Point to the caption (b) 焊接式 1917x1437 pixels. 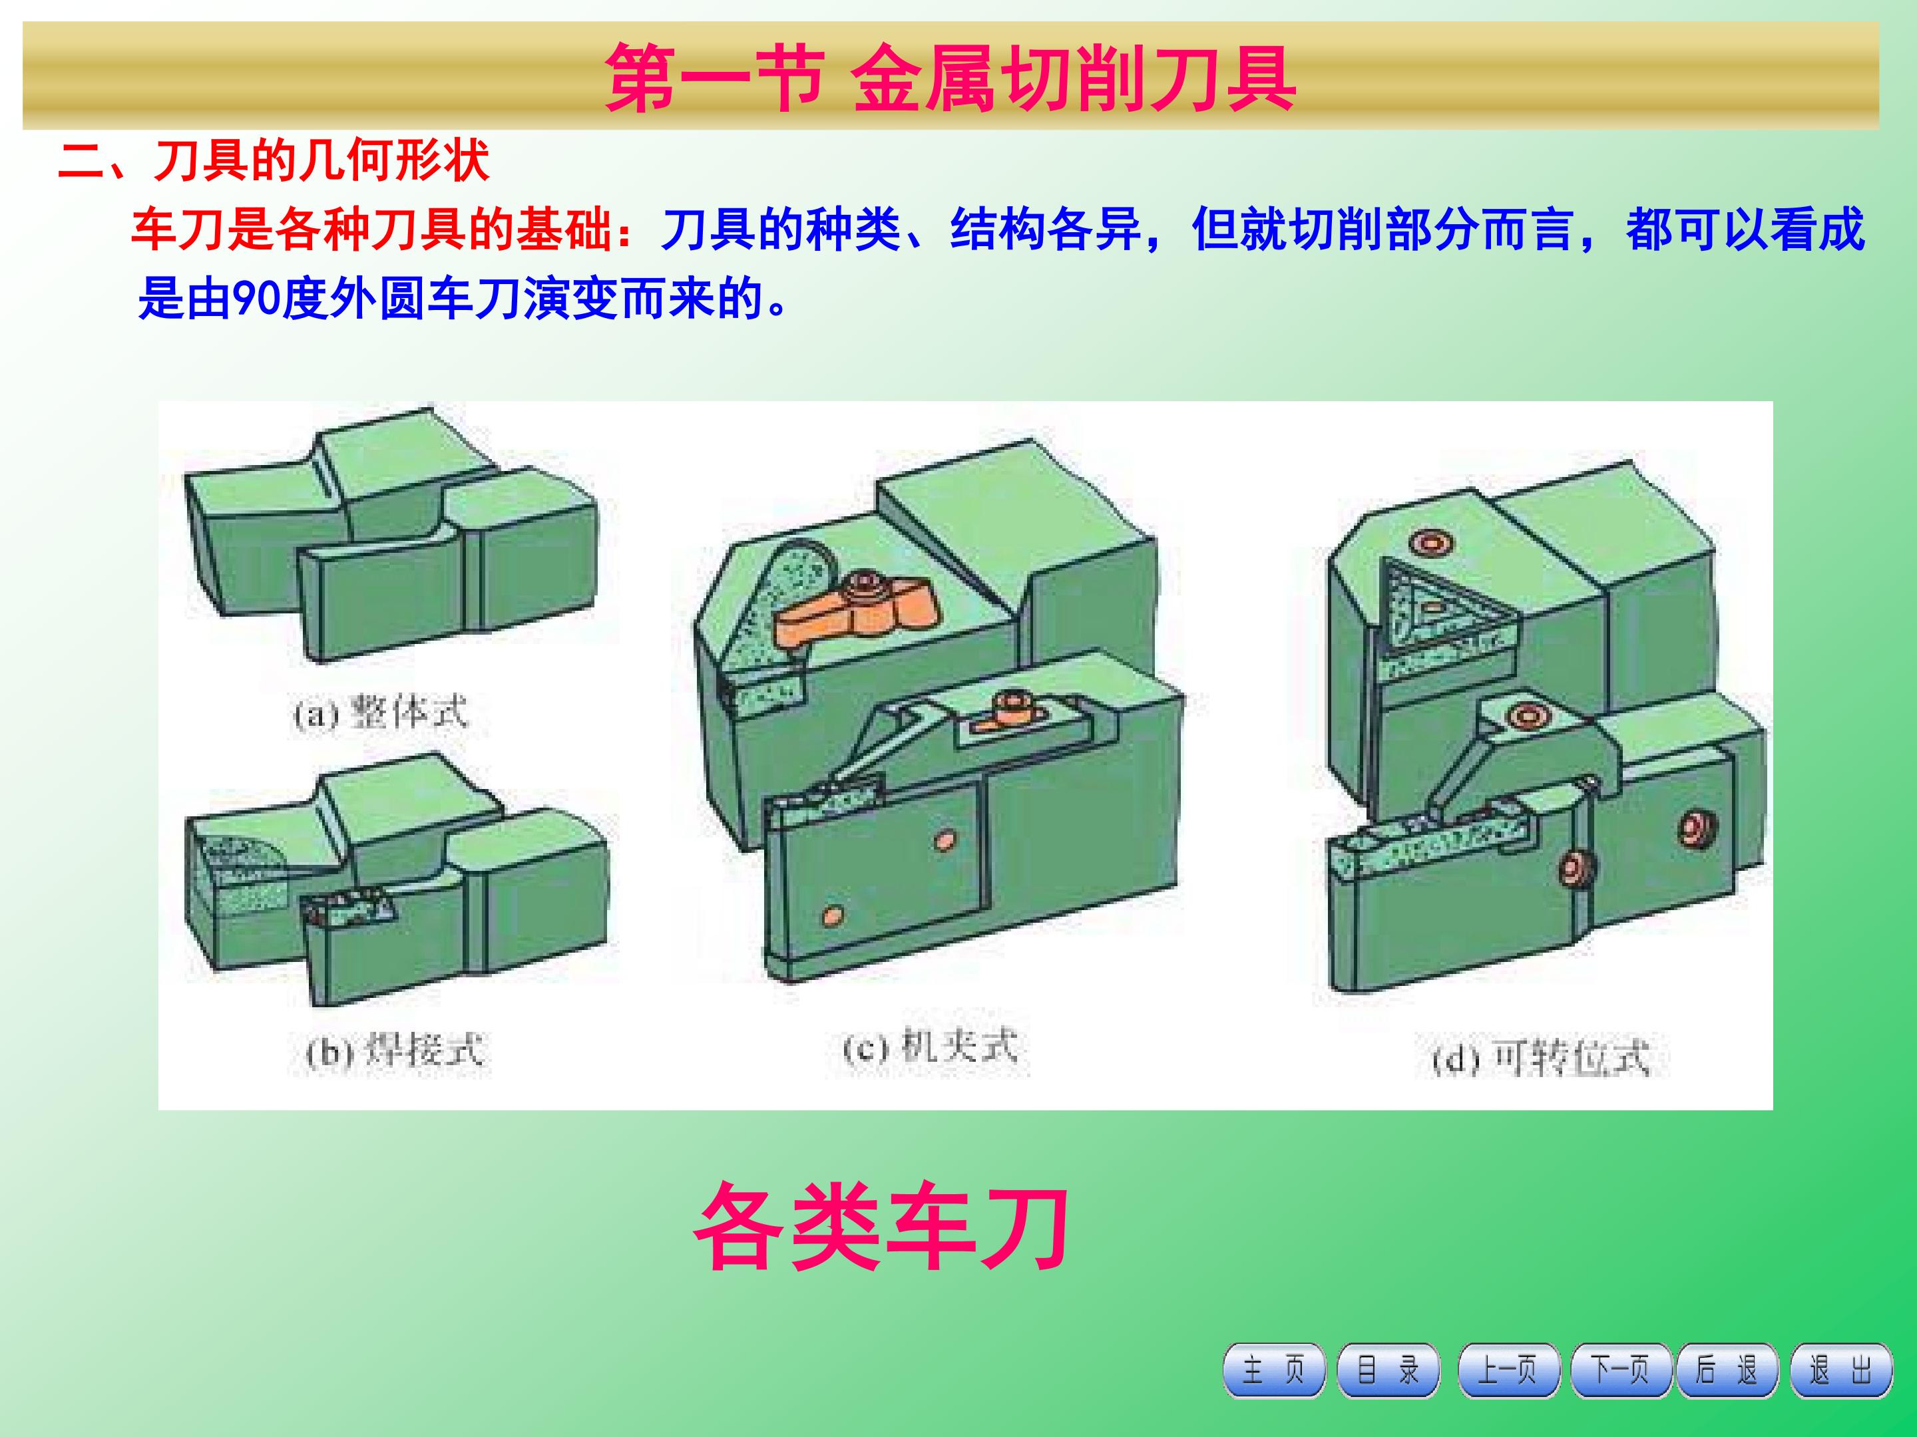395,1052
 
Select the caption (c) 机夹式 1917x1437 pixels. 930,1048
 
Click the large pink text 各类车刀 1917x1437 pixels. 881,1228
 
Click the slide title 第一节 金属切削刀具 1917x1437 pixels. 950,77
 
